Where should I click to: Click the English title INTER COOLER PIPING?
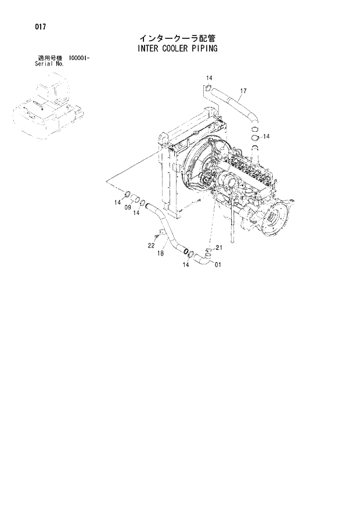(177, 49)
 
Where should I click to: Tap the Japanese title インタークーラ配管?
(177, 38)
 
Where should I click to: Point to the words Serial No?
(49, 64)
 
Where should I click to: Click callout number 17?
(243, 91)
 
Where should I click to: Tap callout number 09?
(127, 208)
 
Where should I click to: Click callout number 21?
(218, 248)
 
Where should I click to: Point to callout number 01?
(218, 266)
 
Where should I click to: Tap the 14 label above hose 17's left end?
(209, 78)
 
